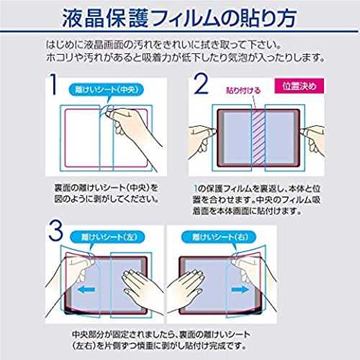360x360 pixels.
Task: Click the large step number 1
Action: click(54, 84)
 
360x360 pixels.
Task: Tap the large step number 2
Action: click(201, 84)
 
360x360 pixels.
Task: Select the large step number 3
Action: click(55, 230)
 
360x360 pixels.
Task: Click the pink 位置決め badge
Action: click(299, 86)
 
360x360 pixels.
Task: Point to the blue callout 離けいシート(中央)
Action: click(107, 90)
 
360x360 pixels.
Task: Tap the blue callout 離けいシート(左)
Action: click(107, 237)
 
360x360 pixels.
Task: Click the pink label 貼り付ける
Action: click(243, 90)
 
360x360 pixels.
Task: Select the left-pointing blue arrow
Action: click(86, 289)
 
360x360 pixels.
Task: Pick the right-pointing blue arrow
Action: click(240, 289)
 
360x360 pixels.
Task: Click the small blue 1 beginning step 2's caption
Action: click(195, 189)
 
